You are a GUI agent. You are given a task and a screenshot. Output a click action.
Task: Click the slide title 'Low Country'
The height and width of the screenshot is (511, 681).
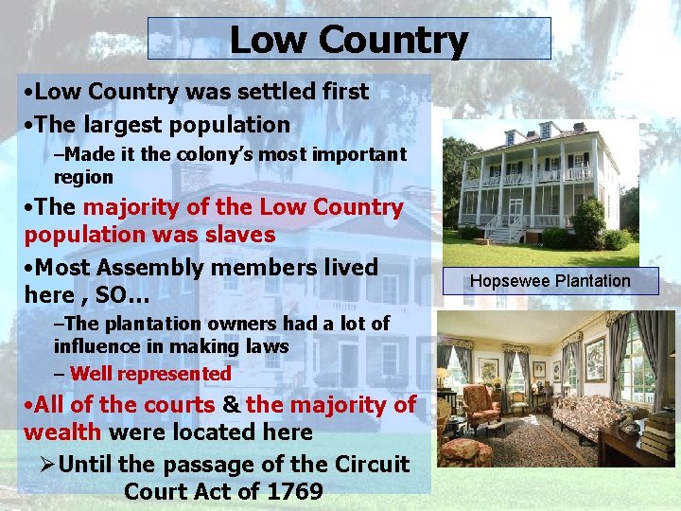[x=348, y=40]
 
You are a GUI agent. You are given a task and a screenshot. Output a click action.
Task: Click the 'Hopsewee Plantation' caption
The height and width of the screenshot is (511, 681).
[x=550, y=281]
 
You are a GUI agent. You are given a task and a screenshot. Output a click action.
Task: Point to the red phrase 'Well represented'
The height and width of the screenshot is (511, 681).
[x=150, y=374]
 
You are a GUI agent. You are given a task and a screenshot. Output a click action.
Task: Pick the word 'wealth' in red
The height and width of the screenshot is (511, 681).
[x=63, y=432]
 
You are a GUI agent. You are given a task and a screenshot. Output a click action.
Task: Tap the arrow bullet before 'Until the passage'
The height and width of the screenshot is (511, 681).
[x=44, y=465]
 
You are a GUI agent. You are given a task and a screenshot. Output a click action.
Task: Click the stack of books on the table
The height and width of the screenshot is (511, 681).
[x=659, y=434]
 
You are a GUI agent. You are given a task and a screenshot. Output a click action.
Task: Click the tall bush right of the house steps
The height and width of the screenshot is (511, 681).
[x=587, y=223]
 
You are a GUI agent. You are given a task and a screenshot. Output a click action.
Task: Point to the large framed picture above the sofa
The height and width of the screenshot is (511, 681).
[x=595, y=359]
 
